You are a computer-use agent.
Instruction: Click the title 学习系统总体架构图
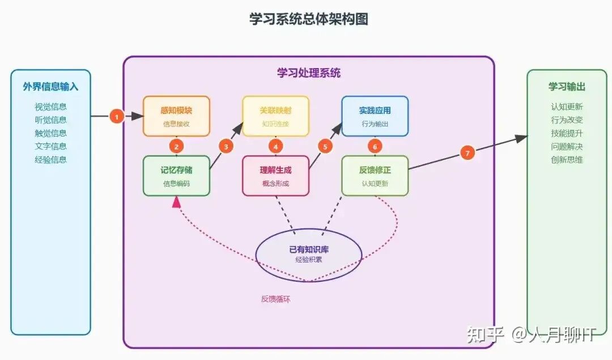point(309,19)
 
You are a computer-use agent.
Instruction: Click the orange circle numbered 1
point(117,117)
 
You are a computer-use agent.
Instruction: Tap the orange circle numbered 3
point(226,146)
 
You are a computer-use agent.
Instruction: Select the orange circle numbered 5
point(325,146)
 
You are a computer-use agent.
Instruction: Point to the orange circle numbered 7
point(467,153)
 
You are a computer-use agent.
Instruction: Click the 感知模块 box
point(176,116)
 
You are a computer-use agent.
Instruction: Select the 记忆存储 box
point(177,176)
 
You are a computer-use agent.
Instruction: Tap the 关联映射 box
point(276,116)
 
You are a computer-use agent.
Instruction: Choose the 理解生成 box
point(276,176)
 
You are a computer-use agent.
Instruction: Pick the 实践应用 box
point(375,116)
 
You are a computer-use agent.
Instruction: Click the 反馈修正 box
point(375,176)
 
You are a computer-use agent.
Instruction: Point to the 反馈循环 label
point(275,299)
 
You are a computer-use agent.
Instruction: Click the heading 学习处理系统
point(309,73)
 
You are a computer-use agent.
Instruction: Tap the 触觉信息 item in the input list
point(50,133)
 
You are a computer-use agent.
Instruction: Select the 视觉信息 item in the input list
point(50,107)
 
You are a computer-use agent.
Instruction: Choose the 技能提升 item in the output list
point(567,133)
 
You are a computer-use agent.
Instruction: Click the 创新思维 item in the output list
point(567,159)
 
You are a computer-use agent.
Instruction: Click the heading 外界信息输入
point(50,87)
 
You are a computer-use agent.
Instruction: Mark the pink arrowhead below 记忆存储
point(177,201)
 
